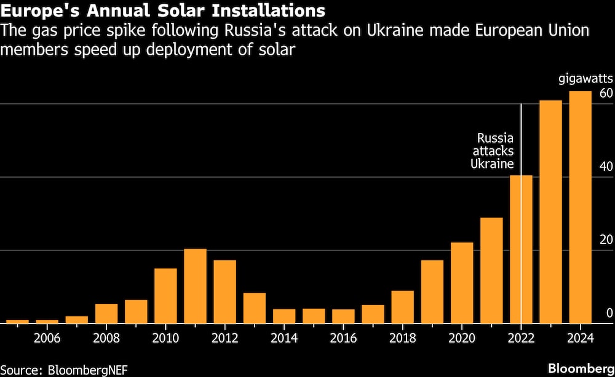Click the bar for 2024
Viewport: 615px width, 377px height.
tap(580, 207)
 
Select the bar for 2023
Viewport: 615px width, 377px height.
tap(550, 212)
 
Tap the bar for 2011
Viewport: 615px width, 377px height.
tap(195, 286)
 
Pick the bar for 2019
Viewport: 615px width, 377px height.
tap(432, 292)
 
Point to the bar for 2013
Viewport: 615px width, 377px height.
tap(254, 308)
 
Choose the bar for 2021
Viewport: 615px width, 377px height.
tap(491, 270)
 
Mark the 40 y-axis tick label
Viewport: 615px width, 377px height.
tap(606, 167)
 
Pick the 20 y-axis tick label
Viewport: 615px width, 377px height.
tap(606, 240)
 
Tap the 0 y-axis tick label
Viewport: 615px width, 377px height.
tap(609, 313)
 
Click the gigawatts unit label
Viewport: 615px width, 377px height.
tap(586, 79)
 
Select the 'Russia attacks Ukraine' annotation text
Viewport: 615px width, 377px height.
tap(492, 151)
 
